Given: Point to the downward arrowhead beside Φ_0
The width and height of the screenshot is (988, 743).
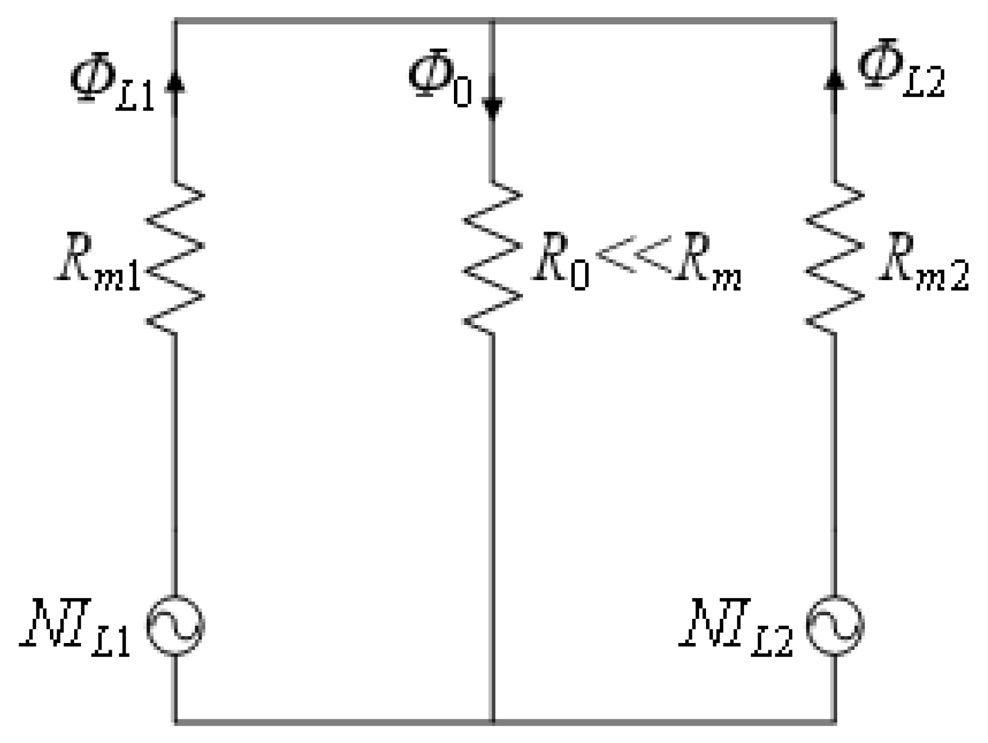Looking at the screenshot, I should [493, 109].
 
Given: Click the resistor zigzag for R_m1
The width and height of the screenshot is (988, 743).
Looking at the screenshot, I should [175, 257].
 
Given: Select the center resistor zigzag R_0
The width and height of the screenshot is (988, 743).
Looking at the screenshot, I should [493, 257].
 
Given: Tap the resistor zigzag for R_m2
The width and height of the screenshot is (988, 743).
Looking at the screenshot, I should [835, 257].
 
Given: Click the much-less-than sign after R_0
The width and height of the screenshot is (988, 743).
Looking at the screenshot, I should [634, 255].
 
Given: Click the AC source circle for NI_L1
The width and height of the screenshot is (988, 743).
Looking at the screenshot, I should [175, 625].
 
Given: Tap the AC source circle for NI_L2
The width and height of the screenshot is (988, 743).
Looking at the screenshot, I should [835, 625].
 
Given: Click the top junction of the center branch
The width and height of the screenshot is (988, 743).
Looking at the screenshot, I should [493, 21].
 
